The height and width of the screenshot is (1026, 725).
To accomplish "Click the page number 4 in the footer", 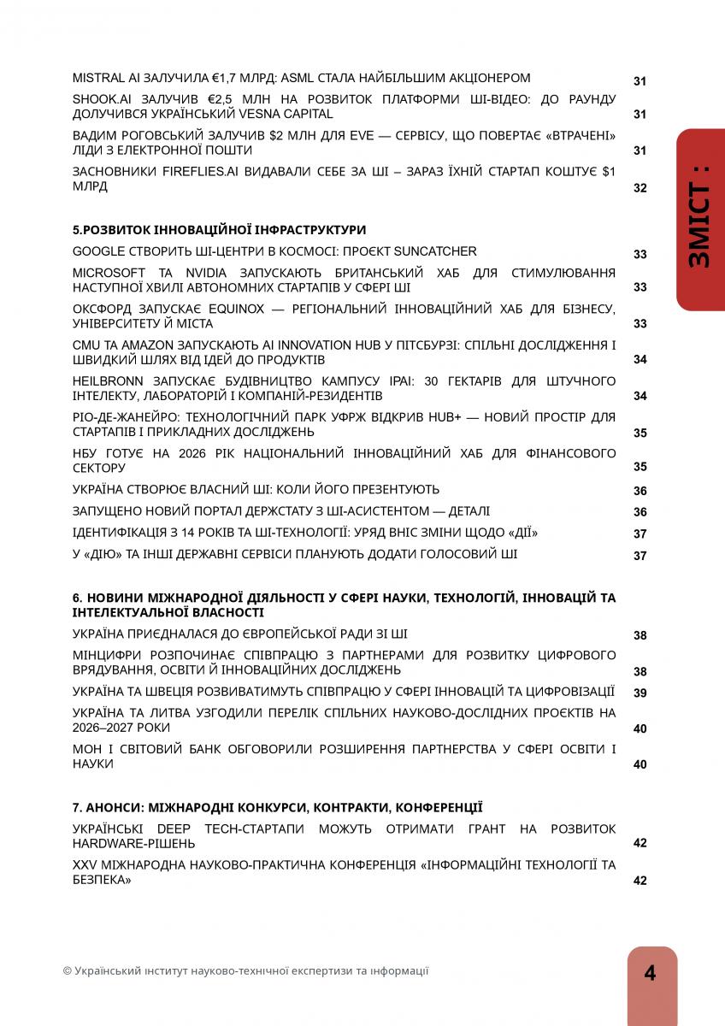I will [x=651, y=974].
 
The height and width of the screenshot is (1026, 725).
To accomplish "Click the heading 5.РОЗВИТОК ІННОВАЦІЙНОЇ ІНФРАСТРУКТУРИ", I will [x=219, y=230].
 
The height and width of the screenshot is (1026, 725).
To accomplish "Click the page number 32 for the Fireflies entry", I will [x=640, y=188].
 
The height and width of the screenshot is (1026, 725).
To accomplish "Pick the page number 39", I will [x=640, y=693].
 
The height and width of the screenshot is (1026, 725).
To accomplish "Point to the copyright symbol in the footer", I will [x=68, y=971].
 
